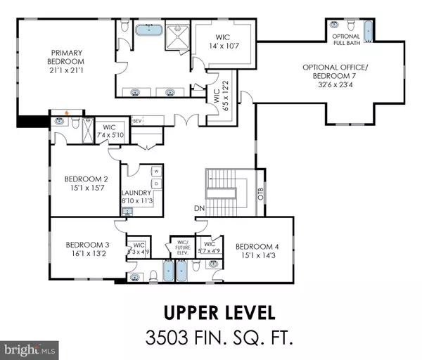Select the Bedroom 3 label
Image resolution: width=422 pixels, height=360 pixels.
[x=87, y=250]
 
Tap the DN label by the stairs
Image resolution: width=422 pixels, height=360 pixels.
[x=199, y=208]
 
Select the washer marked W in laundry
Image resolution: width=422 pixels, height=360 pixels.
[x=155, y=172]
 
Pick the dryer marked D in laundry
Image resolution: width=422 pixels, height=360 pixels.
[x=155, y=184]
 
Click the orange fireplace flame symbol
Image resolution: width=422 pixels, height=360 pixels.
[x=66, y=111]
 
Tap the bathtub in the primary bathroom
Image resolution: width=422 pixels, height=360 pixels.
[x=148, y=32]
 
